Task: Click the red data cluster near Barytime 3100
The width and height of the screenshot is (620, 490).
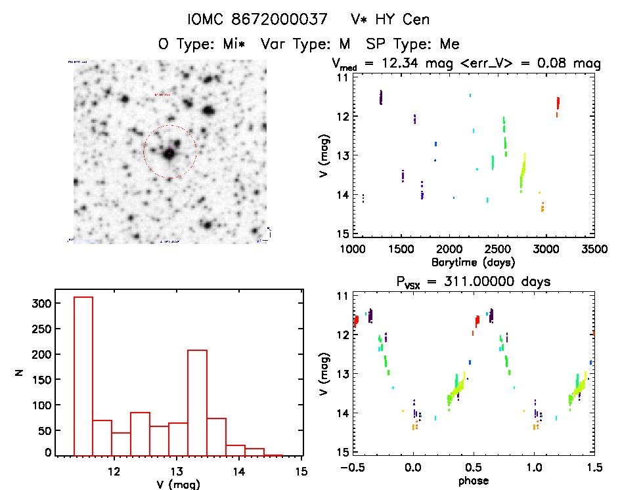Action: tap(558, 103)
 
